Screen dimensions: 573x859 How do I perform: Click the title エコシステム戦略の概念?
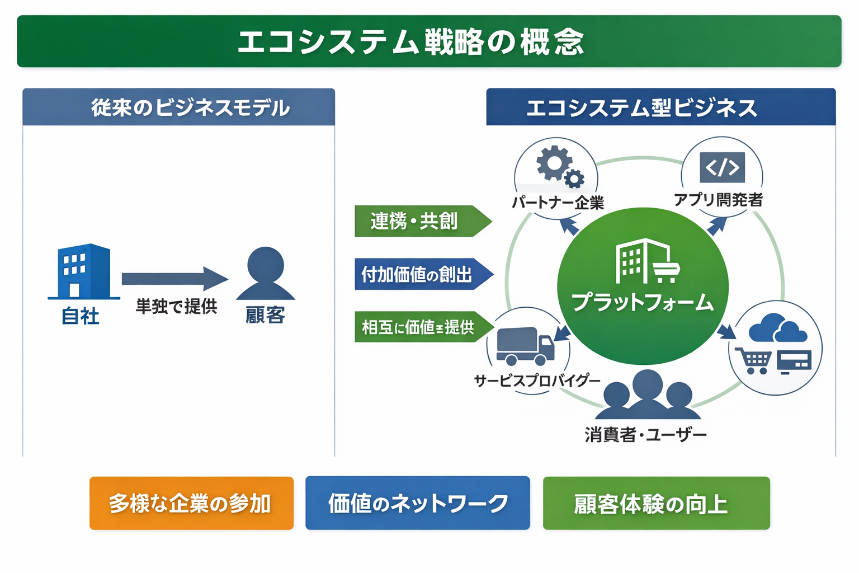tap(411, 42)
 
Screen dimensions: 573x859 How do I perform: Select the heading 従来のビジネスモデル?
tap(190, 107)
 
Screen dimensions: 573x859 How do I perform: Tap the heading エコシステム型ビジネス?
tap(641, 107)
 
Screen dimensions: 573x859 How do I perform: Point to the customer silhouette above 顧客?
tap(266, 274)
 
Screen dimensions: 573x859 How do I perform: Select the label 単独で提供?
tap(176, 306)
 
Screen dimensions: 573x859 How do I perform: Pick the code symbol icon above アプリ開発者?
tap(722, 167)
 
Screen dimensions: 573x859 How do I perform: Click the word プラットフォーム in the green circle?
tap(643, 303)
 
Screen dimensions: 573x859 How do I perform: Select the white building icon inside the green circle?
tap(645, 262)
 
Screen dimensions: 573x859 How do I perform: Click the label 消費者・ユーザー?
tap(646, 434)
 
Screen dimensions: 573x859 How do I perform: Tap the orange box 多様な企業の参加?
tap(191, 503)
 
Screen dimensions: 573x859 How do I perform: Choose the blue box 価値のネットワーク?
tap(417, 503)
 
